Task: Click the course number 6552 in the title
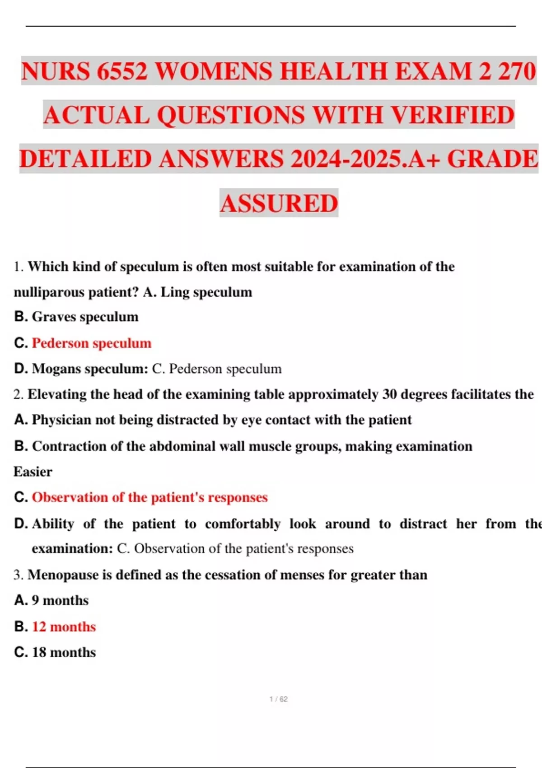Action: click(122, 71)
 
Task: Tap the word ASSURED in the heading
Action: click(279, 203)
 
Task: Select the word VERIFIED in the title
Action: click(452, 115)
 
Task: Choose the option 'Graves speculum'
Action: click(85, 317)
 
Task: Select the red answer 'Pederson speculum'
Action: click(92, 343)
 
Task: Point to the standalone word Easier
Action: click(33, 472)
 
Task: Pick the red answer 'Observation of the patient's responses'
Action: click(150, 497)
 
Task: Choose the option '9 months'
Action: click(60, 600)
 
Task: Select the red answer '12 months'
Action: click(64, 627)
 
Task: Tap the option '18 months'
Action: click(64, 652)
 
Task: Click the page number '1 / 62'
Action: click(278, 699)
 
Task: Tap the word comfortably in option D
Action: click(242, 524)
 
